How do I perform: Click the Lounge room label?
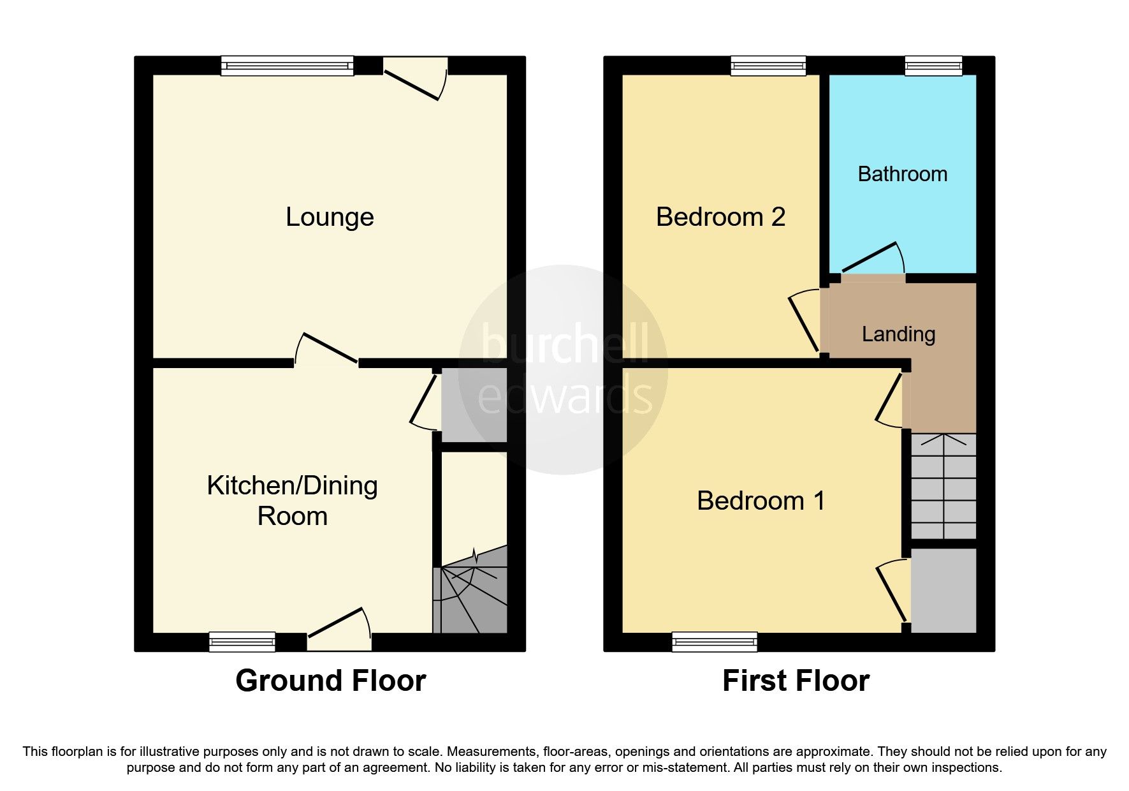[330, 218]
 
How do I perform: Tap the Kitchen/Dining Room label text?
[293, 501]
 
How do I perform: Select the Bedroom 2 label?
[720, 218]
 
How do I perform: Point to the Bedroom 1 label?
[761, 501]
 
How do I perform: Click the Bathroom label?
[902, 174]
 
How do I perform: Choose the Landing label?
[898, 334]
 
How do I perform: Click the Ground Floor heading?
[330, 681]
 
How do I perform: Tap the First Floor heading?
[796, 681]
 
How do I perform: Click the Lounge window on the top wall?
[287, 66]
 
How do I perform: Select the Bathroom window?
[933, 66]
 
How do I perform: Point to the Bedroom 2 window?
[768, 66]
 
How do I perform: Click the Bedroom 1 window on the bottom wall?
[715, 642]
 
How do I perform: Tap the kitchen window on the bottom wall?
[242, 642]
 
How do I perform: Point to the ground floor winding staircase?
[470, 593]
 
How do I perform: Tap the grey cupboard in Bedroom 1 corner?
[943, 590]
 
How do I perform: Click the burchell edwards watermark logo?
[564, 370]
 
